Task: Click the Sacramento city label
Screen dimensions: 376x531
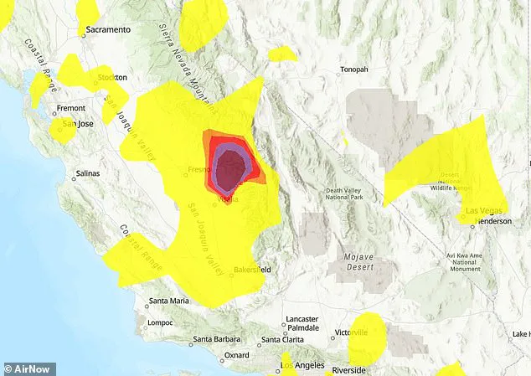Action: pos(110,29)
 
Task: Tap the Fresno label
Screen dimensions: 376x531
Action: pos(198,169)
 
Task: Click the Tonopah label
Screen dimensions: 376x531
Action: pos(352,70)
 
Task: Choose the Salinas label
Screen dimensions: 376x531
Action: pos(87,173)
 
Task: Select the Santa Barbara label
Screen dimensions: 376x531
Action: pos(214,340)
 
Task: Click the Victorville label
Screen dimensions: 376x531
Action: pos(352,332)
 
